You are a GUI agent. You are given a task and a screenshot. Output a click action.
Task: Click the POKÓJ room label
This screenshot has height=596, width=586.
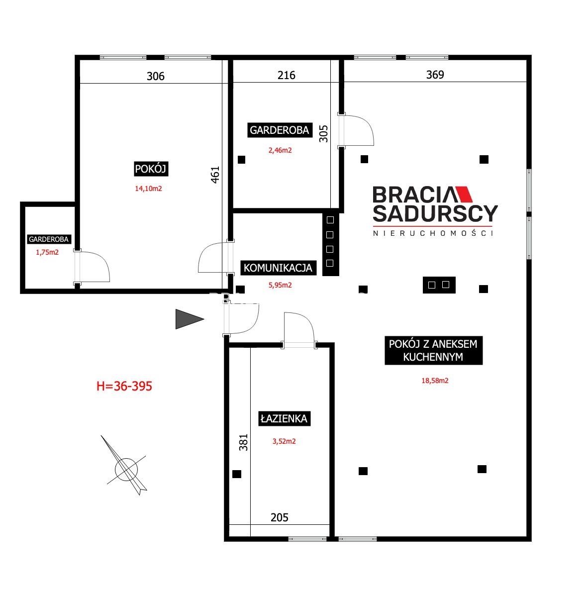pos(151,169)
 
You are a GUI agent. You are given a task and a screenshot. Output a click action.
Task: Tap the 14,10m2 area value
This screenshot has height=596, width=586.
pos(148,189)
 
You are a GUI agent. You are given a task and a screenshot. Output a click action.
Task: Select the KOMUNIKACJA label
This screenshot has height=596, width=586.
pos(278,268)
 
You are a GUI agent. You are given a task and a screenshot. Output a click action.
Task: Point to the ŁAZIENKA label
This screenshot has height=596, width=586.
pos(284,418)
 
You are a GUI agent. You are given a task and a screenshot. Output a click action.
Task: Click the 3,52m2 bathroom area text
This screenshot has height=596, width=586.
pos(284,441)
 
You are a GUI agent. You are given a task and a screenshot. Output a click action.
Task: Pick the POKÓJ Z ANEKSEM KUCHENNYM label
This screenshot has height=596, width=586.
pos(433,350)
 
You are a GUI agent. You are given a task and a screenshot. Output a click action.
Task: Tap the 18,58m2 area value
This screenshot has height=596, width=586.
pos(435,381)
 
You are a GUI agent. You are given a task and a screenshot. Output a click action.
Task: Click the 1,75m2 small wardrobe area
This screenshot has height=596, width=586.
pos(47,252)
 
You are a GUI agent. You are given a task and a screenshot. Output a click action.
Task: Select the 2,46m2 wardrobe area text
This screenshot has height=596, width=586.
pos(280,150)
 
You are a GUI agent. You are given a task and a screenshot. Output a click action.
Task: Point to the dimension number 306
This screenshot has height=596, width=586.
pos(155,77)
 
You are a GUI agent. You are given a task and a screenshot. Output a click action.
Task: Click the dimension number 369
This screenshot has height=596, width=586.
pos(435,75)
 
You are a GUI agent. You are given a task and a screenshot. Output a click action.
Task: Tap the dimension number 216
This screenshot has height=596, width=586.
pos(286,75)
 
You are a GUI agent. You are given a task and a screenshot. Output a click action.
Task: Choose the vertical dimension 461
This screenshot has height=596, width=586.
pos(215,175)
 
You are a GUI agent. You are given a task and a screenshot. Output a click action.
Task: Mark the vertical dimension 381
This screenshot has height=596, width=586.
pos(243,442)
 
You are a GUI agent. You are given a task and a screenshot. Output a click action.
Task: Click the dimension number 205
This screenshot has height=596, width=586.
pos(279,517)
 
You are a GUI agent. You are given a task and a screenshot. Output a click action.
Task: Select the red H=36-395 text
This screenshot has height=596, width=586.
pos(124,386)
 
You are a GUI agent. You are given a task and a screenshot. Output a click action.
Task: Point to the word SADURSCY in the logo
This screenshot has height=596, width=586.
pos(435,213)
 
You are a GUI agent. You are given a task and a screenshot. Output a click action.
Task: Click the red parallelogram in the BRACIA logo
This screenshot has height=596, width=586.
pos(464,194)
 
